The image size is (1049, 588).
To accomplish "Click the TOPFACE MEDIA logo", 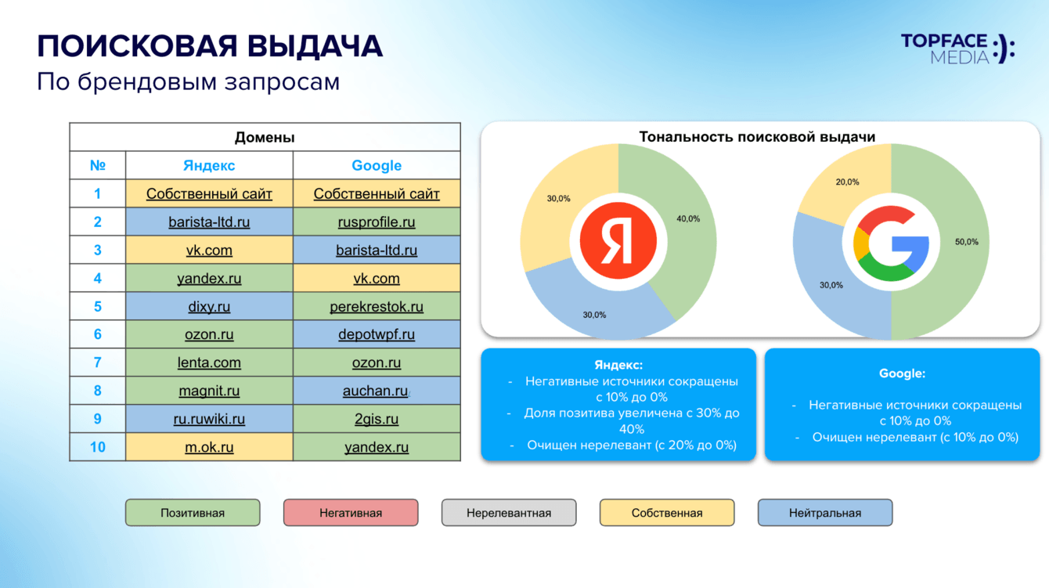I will tap(957, 48).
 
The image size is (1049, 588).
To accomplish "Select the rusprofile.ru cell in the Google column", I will tap(377, 222).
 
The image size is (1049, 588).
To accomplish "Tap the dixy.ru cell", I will tap(209, 307).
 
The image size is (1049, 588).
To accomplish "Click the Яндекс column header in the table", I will tap(209, 166).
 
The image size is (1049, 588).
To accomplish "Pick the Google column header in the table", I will tap(377, 166).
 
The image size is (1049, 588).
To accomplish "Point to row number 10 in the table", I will tap(98, 447).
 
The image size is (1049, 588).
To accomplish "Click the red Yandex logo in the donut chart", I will tap(618, 241).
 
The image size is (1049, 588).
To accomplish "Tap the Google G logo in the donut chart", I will tap(891, 243).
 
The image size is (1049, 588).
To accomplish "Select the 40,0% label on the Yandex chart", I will tap(688, 218).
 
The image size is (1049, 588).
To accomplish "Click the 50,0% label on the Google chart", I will tap(966, 242).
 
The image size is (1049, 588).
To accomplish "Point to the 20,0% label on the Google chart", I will tap(847, 182).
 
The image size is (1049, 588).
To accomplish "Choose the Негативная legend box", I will tap(351, 513).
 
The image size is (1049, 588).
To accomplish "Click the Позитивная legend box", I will tap(193, 513).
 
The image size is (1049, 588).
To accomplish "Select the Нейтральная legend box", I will tap(825, 513).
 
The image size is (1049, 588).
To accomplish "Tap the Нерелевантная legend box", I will tap(509, 513).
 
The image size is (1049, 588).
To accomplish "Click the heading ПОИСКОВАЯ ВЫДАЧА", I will tap(210, 47).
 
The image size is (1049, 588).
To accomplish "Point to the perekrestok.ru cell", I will tap(377, 307).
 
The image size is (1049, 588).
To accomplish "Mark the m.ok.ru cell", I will tap(209, 448).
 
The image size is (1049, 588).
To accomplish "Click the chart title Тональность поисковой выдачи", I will tap(757, 137).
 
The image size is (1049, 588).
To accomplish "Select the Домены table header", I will tap(265, 138).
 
